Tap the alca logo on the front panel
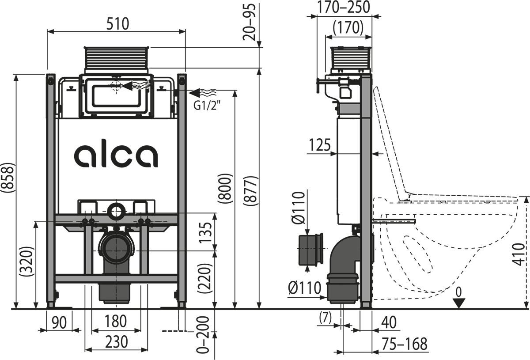116,155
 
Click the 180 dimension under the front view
116,321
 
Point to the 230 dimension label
116,341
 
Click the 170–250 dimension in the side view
344,7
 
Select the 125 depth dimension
320,145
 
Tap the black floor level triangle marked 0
460,303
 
